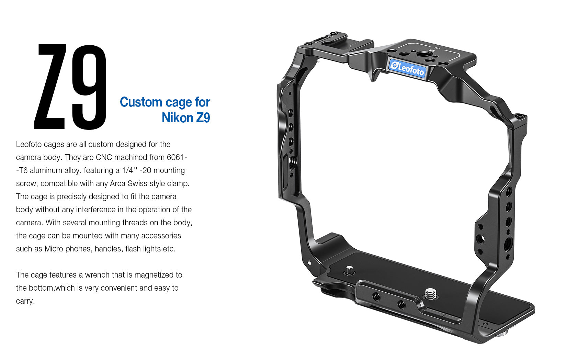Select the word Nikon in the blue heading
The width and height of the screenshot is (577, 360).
[x=177, y=118]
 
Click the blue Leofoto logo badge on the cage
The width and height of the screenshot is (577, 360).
[x=407, y=68]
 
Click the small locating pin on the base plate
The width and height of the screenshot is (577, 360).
[x=350, y=270]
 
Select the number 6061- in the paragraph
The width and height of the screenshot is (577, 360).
[x=177, y=157]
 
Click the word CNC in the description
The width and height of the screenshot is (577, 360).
[x=104, y=157]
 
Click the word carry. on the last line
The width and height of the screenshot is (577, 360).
[x=25, y=301]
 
